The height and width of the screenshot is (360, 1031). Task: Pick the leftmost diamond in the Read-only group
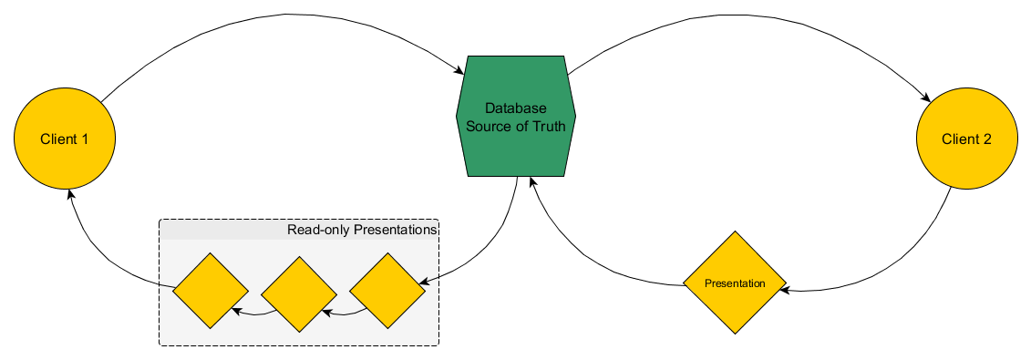(x=211, y=291)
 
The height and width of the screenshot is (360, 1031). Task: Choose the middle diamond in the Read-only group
(x=299, y=292)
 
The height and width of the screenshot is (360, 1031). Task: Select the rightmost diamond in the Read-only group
(x=387, y=291)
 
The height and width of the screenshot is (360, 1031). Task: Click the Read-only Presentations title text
(x=362, y=230)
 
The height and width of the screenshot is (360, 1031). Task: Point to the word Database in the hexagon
(x=516, y=108)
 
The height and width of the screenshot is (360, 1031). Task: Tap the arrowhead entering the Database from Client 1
(x=460, y=71)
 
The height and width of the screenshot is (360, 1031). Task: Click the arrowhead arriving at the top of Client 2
(x=928, y=98)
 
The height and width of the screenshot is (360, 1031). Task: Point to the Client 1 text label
(x=64, y=139)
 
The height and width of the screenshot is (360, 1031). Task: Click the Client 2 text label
(x=966, y=139)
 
